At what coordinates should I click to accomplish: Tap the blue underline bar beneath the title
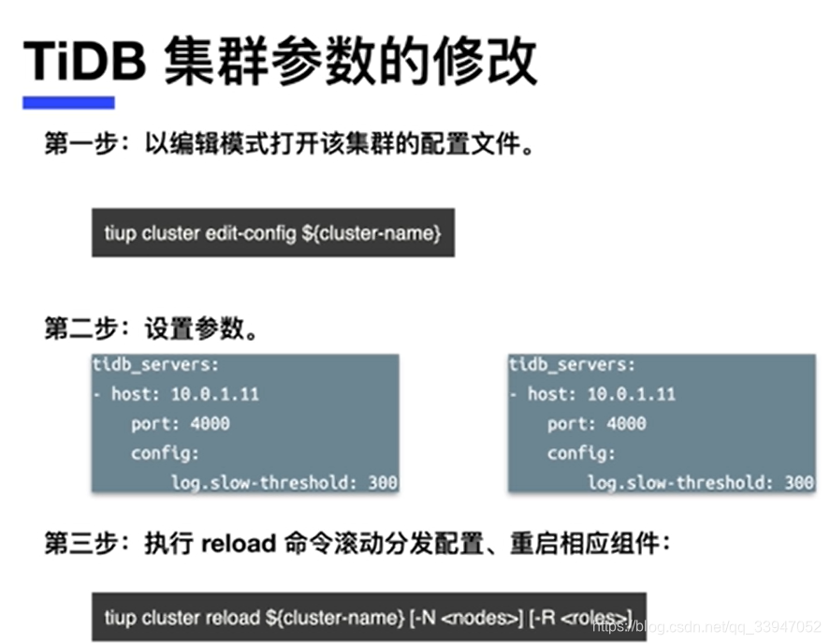[x=68, y=102]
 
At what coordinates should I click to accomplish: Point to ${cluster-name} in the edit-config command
[x=371, y=233]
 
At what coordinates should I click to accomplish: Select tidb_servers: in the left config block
[x=154, y=365]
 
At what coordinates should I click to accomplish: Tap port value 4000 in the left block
[x=209, y=423]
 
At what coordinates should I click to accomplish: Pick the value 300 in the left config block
[x=383, y=483]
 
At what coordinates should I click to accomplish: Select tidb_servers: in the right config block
[x=571, y=365]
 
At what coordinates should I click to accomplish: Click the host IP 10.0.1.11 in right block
[x=632, y=394]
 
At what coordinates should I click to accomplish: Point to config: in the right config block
[x=581, y=453]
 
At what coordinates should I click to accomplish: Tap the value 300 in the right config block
[x=799, y=483]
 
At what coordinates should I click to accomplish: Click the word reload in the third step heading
[x=238, y=544]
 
